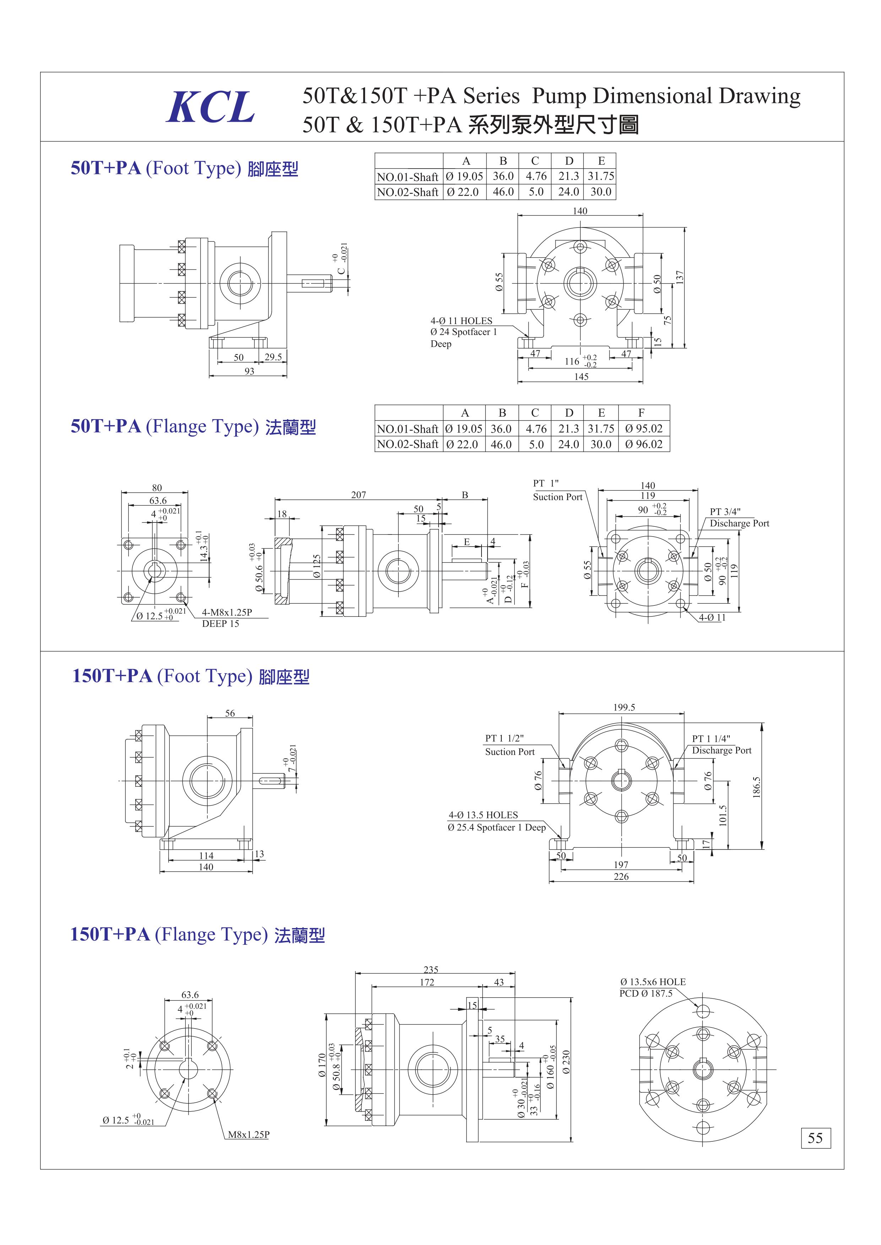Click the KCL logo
point(211,107)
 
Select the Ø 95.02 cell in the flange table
point(643,428)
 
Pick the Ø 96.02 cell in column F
point(643,444)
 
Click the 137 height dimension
point(680,276)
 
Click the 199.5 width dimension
point(624,707)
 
